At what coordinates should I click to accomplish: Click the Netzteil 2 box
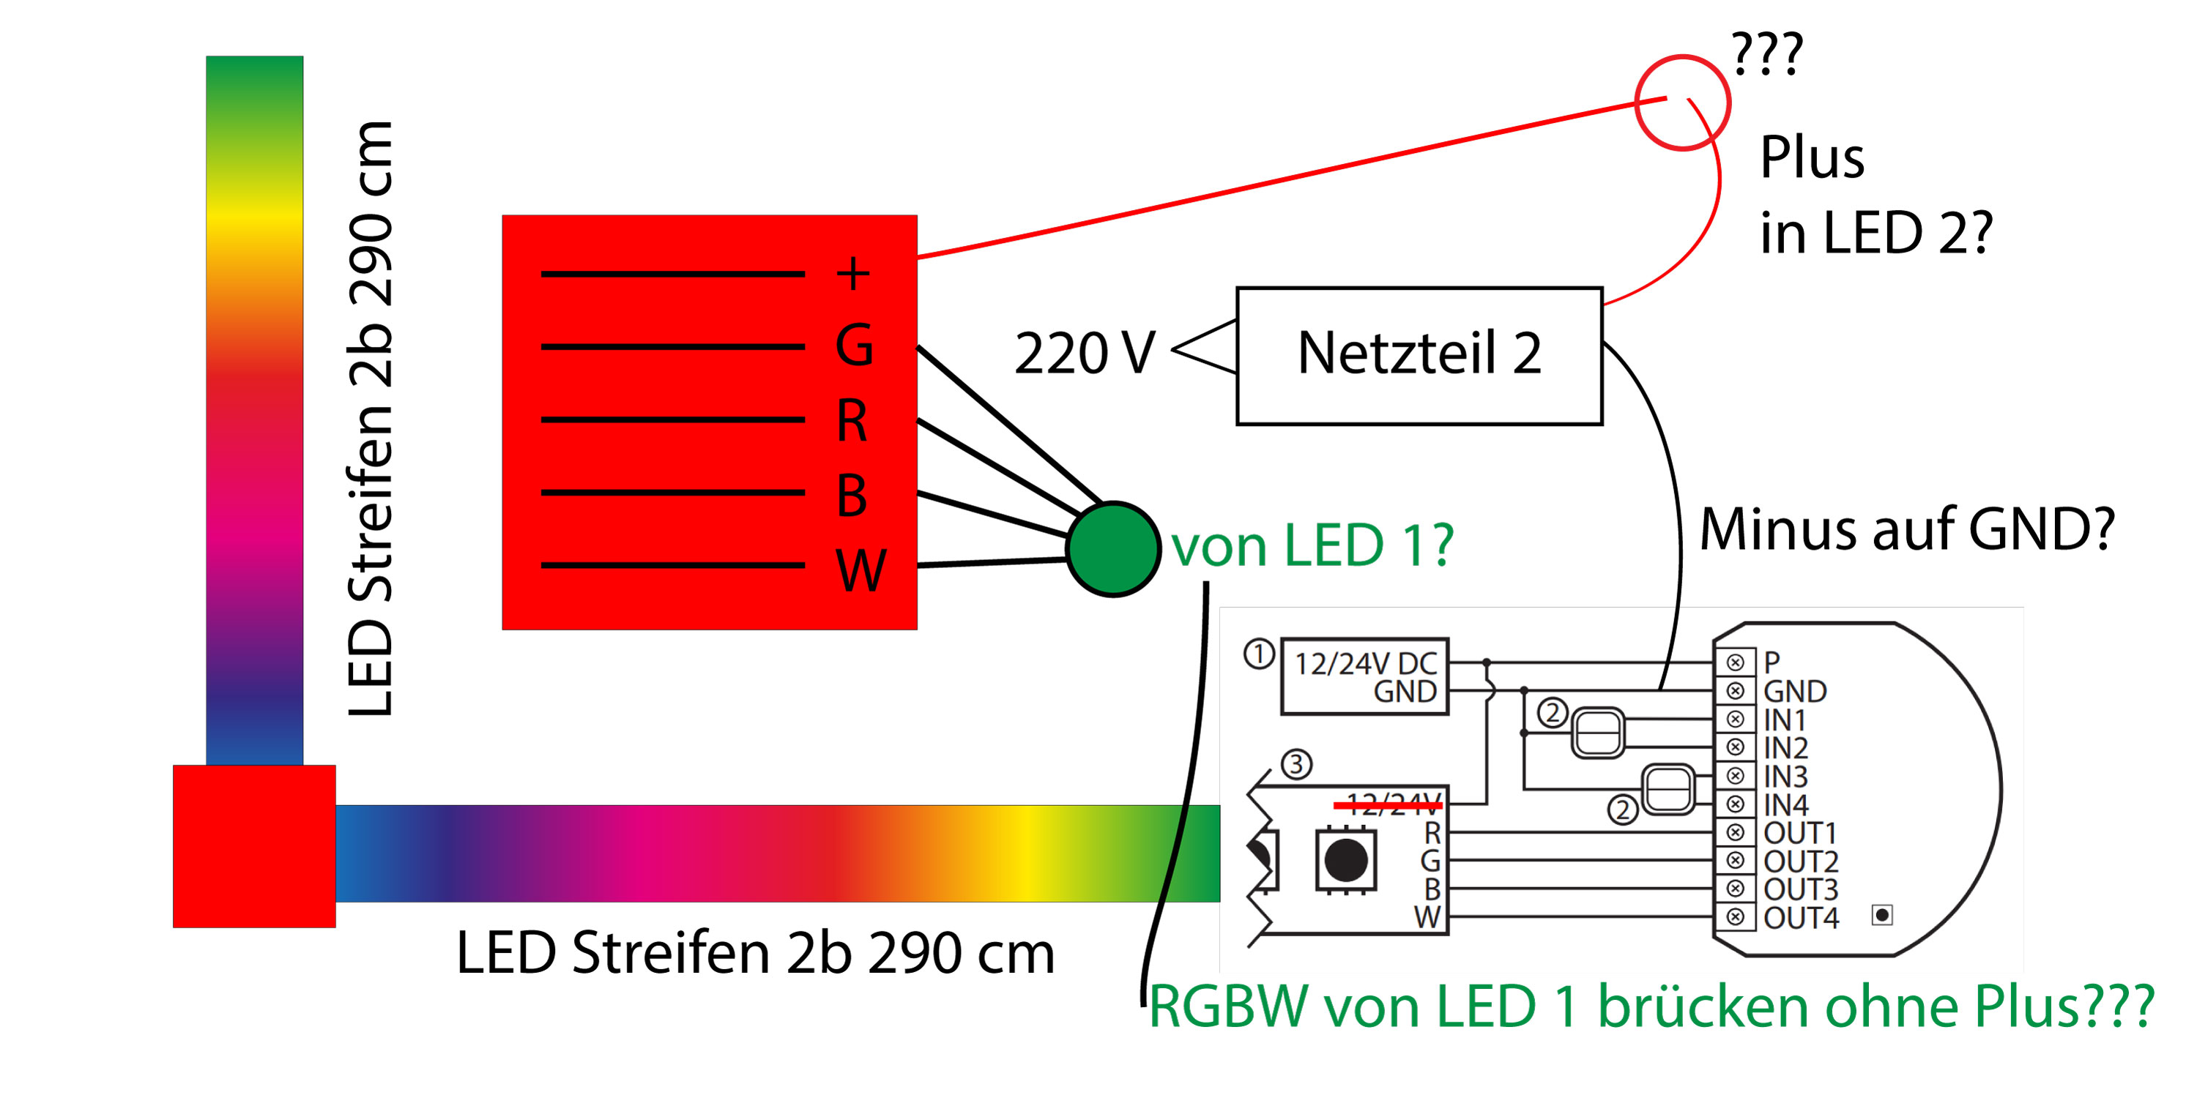click(x=1419, y=356)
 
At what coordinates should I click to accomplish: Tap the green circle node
click(x=1113, y=550)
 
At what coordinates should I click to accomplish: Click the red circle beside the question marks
click(x=1682, y=103)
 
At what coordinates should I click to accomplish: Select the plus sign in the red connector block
click(x=853, y=274)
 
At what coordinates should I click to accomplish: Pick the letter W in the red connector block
click(x=860, y=570)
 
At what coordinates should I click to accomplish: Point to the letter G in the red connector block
click(x=854, y=346)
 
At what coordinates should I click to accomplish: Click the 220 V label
click(x=1084, y=353)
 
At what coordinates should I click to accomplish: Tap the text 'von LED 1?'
click(x=1312, y=545)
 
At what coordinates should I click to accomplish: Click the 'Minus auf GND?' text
click(x=1907, y=529)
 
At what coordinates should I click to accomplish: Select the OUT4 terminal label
click(x=1800, y=918)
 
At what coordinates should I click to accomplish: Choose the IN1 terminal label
click(x=1784, y=720)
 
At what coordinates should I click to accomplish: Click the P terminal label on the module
click(x=1772, y=662)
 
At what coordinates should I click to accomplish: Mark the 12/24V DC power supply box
click(x=1364, y=677)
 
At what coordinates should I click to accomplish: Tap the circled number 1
click(x=1259, y=654)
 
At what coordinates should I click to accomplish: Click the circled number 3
click(x=1296, y=763)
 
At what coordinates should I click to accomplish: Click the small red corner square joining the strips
click(x=254, y=845)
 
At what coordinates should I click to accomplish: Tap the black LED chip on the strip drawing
click(x=1345, y=859)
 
